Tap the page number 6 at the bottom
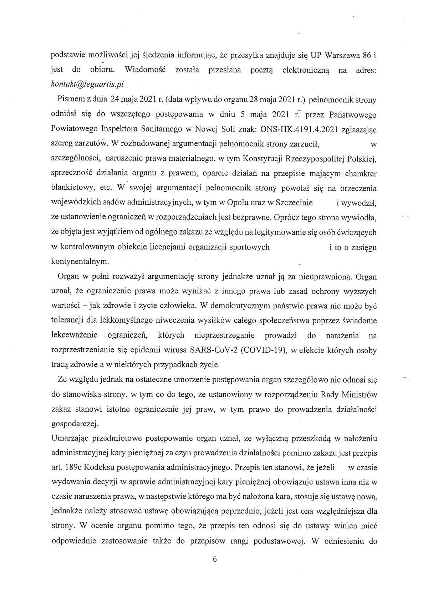coord(214,559)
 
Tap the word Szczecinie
coord(294,202)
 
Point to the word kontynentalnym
coord(80,261)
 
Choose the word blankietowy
coord(73,188)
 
